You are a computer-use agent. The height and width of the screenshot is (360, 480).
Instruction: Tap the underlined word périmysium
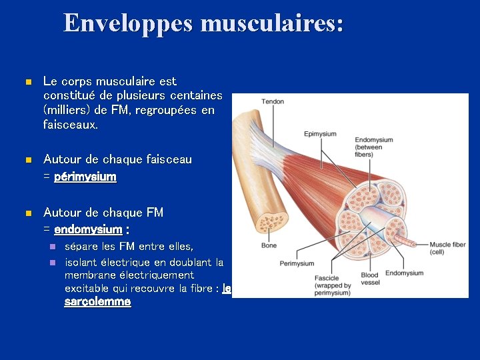(x=85, y=177)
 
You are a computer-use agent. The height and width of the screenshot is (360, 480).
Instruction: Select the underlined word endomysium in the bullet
(x=88, y=229)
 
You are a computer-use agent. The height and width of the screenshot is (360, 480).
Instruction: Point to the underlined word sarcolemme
(x=97, y=302)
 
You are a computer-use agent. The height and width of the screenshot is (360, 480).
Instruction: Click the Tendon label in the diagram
(x=272, y=101)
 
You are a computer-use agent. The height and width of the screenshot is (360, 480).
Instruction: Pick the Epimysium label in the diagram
(x=320, y=134)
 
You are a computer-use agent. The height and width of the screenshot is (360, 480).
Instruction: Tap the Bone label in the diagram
(x=268, y=245)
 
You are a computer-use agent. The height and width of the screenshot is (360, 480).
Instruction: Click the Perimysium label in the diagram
(x=297, y=263)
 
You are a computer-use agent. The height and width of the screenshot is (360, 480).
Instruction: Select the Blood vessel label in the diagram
(x=369, y=279)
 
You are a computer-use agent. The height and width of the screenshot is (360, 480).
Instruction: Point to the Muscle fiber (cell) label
(x=447, y=248)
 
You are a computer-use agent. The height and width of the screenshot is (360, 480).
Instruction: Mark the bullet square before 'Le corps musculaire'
(x=27, y=82)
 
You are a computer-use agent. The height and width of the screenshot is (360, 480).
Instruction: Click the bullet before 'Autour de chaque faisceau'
(x=27, y=160)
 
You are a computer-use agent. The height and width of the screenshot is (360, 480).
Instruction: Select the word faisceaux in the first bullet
(x=70, y=125)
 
